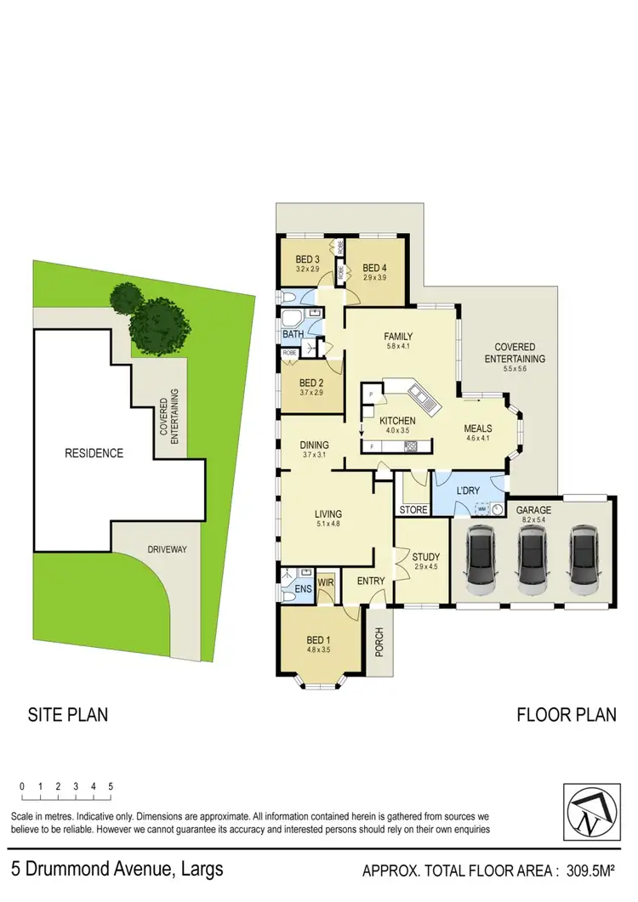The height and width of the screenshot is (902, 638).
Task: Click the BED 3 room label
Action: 307,259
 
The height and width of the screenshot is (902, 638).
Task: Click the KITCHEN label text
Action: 397,421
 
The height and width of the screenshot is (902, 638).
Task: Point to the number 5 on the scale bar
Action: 111,786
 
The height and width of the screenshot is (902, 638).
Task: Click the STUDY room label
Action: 426,558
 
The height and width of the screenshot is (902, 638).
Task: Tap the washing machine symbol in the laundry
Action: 481,509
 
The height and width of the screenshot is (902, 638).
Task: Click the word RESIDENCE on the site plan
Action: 94,453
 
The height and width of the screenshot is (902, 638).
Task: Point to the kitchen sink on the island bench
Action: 419,394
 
